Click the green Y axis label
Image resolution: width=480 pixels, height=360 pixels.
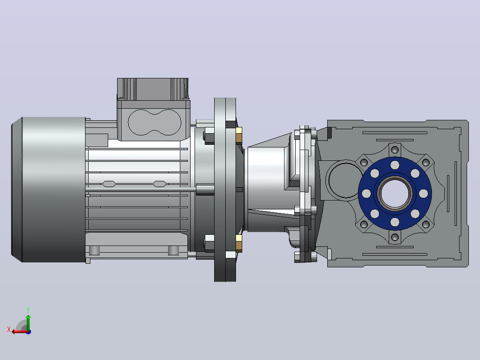click(28, 310)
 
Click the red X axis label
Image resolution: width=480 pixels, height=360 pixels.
click(9, 329)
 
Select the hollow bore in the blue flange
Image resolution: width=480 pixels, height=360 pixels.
click(395, 194)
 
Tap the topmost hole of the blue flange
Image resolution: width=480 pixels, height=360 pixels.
click(395, 165)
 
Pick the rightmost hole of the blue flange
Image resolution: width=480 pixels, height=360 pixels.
click(423, 194)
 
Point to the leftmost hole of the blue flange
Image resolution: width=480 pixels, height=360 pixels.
click(366, 194)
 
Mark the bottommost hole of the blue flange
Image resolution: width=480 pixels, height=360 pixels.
click(395, 222)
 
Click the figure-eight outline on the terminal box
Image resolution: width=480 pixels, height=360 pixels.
click(154, 122)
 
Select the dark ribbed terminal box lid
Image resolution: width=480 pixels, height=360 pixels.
click(153, 89)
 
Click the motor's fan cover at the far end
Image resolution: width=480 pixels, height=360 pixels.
click(49, 189)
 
